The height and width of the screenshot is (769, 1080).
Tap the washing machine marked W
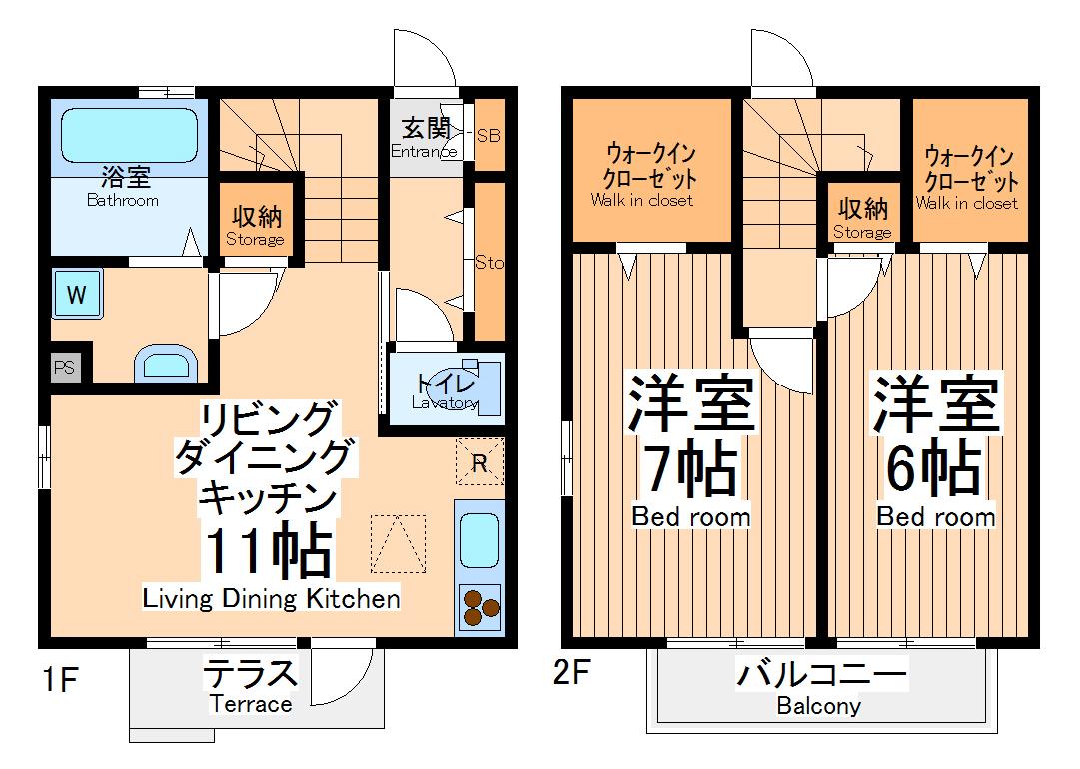click(x=77, y=294)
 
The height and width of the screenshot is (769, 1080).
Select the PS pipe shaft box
click(x=64, y=367)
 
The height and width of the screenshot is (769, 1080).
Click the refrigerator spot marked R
click(x=480, y=462)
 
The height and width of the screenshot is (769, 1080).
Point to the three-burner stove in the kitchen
click(x=480, y=608)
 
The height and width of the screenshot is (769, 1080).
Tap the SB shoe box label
click(x=488, y=135)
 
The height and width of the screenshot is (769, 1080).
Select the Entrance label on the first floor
click(x=425, y=152)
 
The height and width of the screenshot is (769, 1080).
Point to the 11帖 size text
click(x=267, y=550)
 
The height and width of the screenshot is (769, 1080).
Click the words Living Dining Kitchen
click(x=272, y=599)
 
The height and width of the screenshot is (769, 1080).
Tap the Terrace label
click(x=251, y=704)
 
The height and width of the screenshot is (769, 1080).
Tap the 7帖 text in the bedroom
click(x=690, y=468)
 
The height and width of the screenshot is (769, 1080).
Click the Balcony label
click(x=819, y=706)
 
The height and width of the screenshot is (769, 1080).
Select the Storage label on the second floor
click(x=862, y=232)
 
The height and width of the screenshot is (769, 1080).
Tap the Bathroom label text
click(x=123, y=200)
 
